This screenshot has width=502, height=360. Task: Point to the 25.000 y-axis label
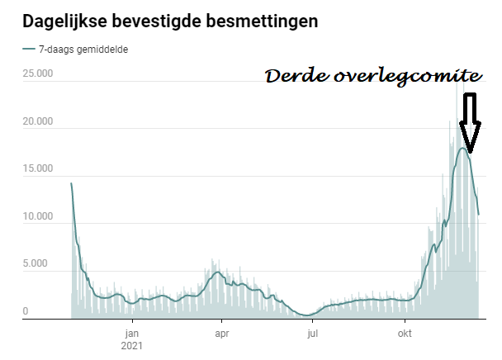[x=38, y=75]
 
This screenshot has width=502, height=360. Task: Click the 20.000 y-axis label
[x=38, y=122]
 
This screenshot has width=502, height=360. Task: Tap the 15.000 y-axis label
[x=38, y=169]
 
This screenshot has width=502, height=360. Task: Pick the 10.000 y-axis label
[x=38, y=217]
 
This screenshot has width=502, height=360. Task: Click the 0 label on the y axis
[x=26, y=311]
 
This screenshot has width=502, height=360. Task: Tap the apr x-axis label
[x=221, y=334]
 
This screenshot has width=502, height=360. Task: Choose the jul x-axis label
[x=312, y=334]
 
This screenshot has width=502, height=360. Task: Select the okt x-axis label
[x=405, y=334]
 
